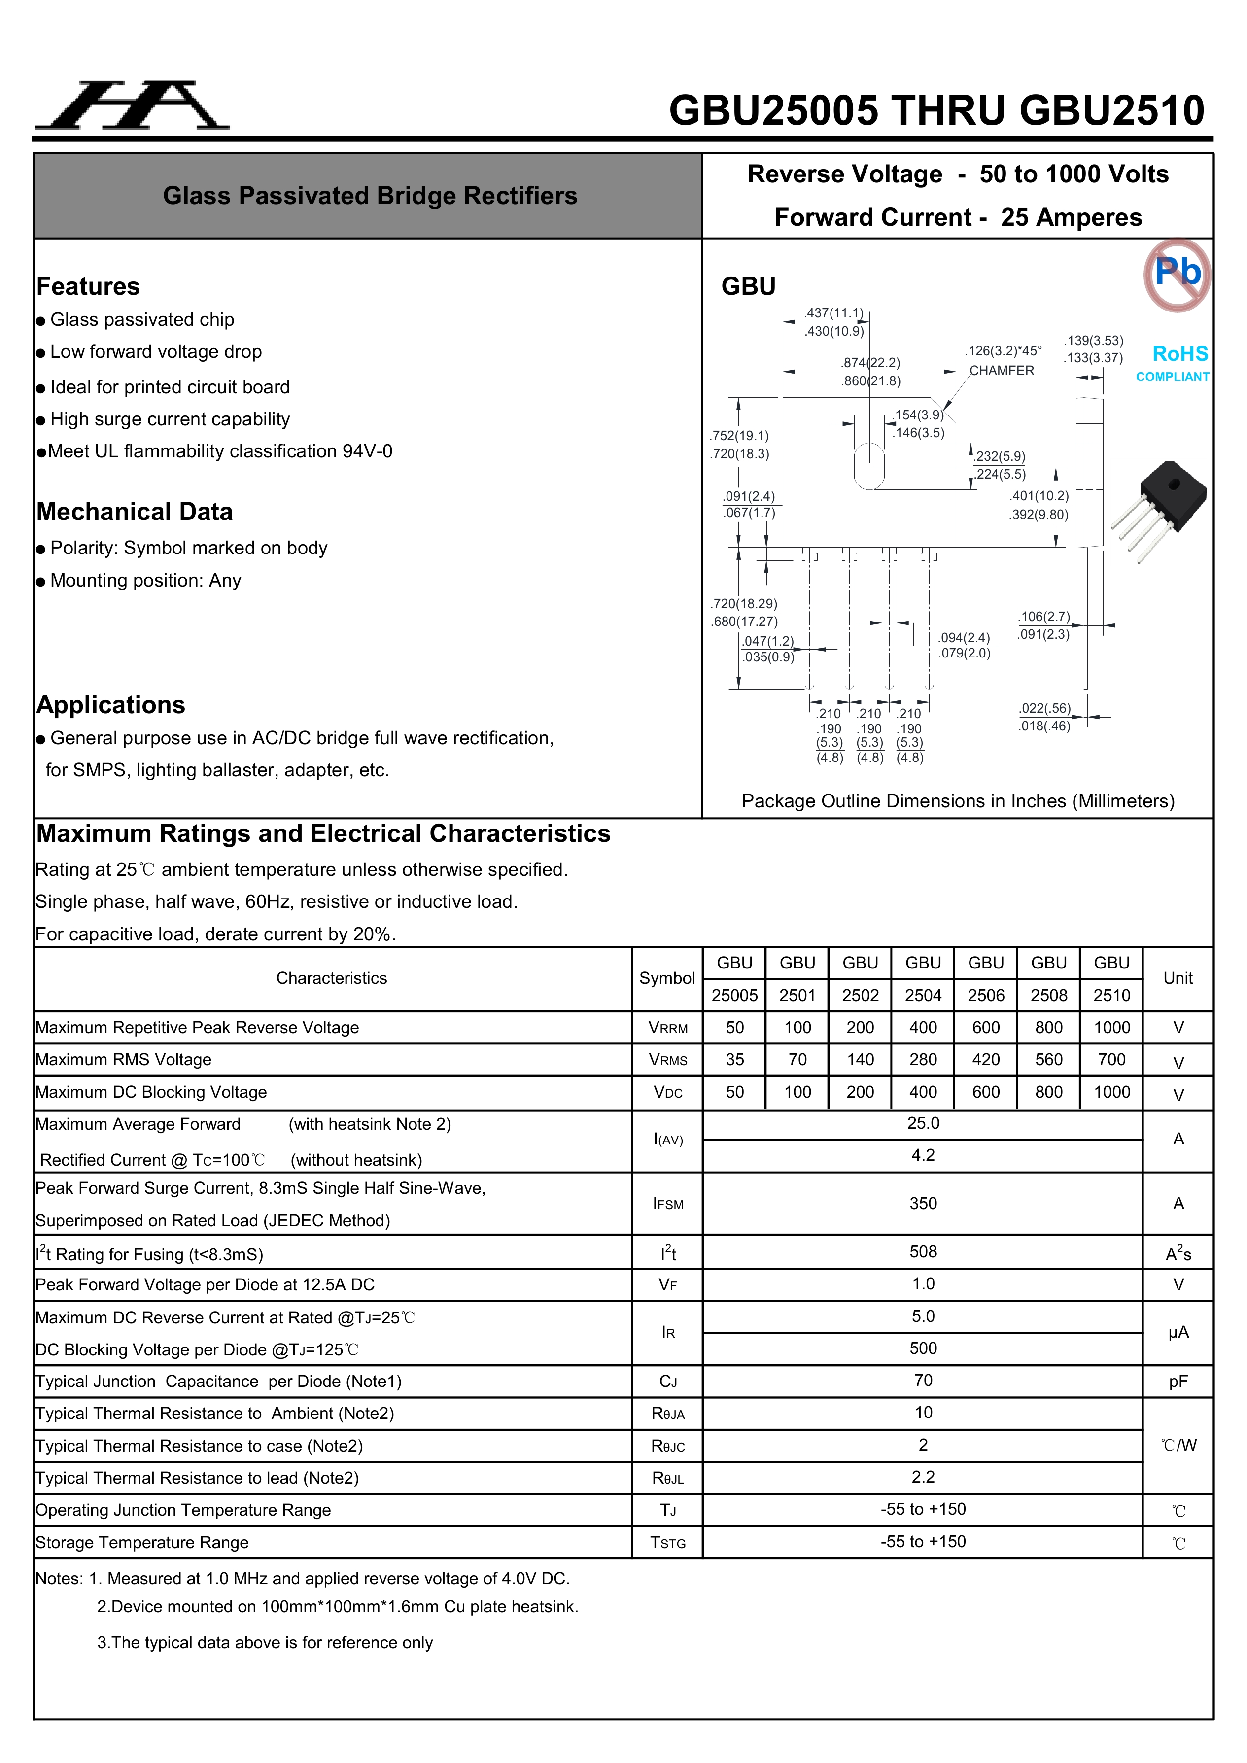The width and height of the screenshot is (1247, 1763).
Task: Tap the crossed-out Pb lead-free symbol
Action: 1177,274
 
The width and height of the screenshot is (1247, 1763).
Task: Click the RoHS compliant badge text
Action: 1179,362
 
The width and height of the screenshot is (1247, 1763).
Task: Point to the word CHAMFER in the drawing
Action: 1001,371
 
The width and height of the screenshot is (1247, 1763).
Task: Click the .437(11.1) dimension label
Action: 834,313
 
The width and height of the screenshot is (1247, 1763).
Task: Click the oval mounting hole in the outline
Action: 869,466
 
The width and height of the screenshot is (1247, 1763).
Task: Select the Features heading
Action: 88,286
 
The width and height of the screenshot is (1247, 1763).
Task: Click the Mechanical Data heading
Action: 135,512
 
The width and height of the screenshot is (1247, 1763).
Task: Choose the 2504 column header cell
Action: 923,995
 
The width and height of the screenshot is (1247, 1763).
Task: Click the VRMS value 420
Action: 986,1060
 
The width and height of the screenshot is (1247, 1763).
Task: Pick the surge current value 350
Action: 923,1203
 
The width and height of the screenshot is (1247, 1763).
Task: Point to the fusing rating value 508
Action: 923,1251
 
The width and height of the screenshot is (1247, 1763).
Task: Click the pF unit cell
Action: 1178,1382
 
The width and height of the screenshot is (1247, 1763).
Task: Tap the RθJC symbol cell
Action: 667,1446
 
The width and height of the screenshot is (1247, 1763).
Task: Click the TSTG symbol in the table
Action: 667,1543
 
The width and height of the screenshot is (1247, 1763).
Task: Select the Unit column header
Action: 1178,978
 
